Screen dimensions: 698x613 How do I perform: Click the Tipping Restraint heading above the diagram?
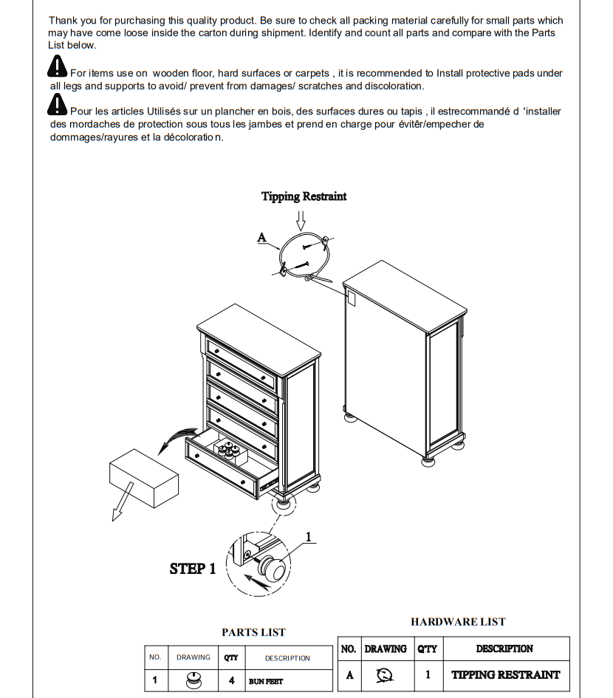(x=304, y=196)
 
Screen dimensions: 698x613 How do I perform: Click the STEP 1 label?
(x=193, y=569)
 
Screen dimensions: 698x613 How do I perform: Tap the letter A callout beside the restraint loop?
(x=261, y=238)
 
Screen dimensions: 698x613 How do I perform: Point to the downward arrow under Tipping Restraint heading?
(x=301, y=219)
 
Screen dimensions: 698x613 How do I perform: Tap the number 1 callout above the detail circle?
(x=309, y=537)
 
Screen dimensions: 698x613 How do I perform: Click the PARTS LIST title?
(x=253, y=632)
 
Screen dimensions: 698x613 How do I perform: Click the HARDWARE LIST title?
(x=458, y=622)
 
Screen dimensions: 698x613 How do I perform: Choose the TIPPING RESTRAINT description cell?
(x=505, y=674)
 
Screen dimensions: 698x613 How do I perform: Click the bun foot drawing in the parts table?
(x=194, y=680)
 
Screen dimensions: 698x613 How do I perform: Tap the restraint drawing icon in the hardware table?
(x=385, y=674)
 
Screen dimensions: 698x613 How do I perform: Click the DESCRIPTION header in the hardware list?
(x=504, y=649)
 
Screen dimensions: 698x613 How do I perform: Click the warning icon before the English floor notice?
(x=57, y=68)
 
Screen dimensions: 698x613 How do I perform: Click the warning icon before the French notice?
(x=57, y=106)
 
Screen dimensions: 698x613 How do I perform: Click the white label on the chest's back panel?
(x=351, y=298)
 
